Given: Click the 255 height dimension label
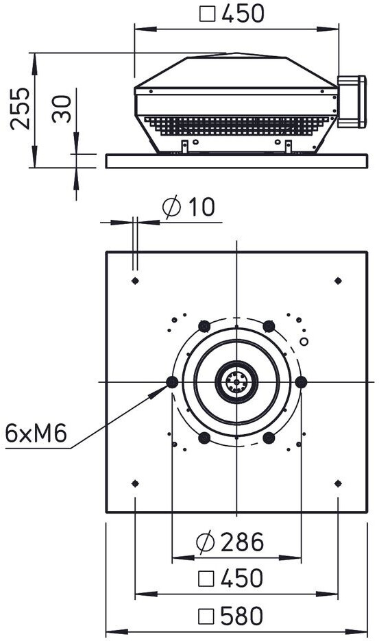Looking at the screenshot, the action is (20, 108).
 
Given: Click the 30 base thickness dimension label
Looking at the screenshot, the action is (62, 109).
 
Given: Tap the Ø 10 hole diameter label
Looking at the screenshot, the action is (188, 207).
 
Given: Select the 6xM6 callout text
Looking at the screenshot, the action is (36, 433).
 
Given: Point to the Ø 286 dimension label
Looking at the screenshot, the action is (230, 542).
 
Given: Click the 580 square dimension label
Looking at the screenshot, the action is (230, 616).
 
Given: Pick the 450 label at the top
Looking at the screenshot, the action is (232, 14).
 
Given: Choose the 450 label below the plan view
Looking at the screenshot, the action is (230, 579).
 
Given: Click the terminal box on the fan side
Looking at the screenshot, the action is (352, 101).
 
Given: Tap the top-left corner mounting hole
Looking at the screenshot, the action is (136, 281).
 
